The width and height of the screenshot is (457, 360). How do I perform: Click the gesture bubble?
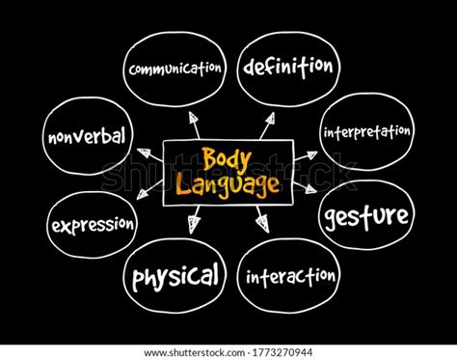point(365,213)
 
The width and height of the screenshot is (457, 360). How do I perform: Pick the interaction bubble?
point(290,278)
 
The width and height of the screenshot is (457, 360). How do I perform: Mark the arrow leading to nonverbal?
point(146,152)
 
